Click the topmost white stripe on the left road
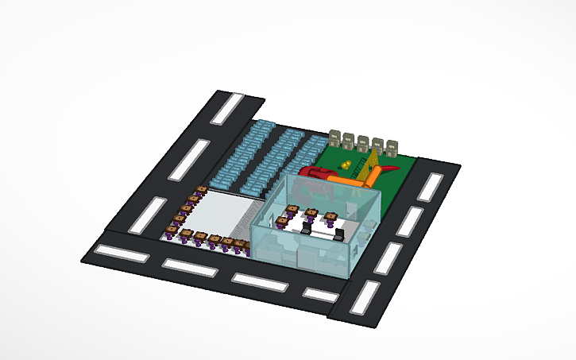(x=228, y=109)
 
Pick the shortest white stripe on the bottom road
(x=320, y=295)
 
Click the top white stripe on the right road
(x=430, y=187)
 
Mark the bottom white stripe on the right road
(x=365, y=297)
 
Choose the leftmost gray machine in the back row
(x=334, y=137)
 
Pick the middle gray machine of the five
(x=363, y=142)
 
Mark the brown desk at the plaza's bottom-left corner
(x=170, y=231)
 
